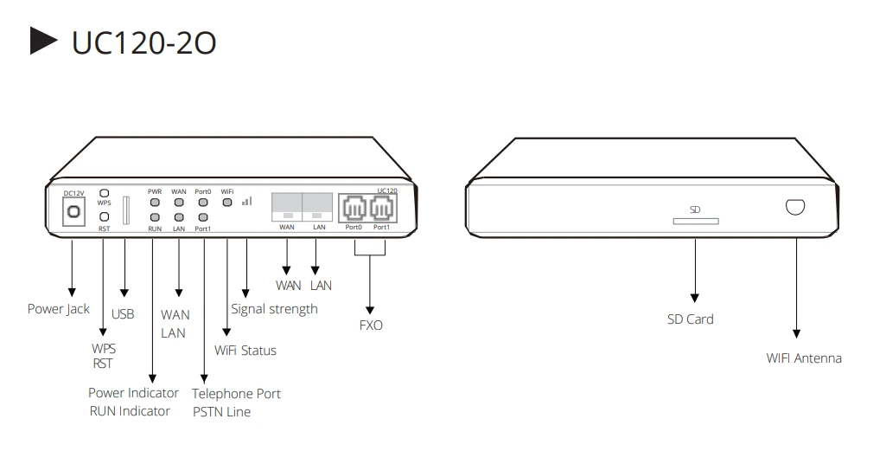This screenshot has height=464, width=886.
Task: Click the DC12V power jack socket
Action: tap(73, 211)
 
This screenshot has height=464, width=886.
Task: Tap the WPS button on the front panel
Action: tap(105, 193)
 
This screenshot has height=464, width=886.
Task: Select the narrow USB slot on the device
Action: tap(126, 210)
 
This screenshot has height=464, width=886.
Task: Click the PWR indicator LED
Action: tap(155, 202)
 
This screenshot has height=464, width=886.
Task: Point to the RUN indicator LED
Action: tap(155, 217)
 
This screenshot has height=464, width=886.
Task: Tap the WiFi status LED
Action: tap(227, 202)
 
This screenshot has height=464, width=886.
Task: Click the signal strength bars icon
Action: tap(247, 201)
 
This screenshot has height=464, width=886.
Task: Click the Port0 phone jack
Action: tap(354, 209)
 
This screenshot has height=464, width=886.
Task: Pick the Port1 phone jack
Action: tap(381, 209)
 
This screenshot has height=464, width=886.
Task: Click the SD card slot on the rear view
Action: tap(696, 221)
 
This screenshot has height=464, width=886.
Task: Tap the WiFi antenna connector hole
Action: tap(795, 207)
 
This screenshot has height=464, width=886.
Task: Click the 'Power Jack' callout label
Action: tap(59, 309)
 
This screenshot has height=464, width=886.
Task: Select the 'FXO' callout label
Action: tap(371, 325)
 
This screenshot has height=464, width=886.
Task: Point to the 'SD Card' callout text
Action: tap(690, 319)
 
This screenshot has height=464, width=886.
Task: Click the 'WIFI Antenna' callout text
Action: tap(804, 358)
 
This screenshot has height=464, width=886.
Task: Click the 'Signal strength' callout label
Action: tap(274, 309)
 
